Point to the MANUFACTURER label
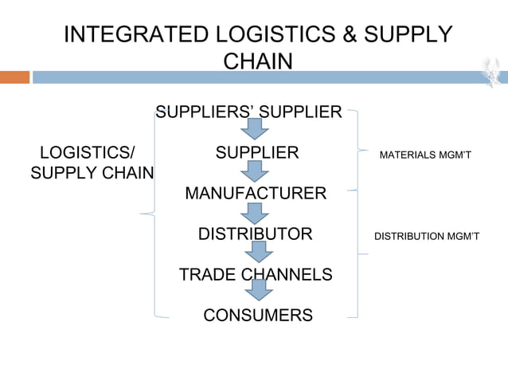pos(255,193)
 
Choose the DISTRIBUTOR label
pos(255,234)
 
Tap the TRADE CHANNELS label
pos(256,275)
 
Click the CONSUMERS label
pos(258,316)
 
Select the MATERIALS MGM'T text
pos(426,153)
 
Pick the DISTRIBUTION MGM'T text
pos(426,236)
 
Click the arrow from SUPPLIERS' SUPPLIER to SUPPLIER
pos(254,130)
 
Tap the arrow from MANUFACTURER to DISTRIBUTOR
pos(254,213)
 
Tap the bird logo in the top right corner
pos(492,73)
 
